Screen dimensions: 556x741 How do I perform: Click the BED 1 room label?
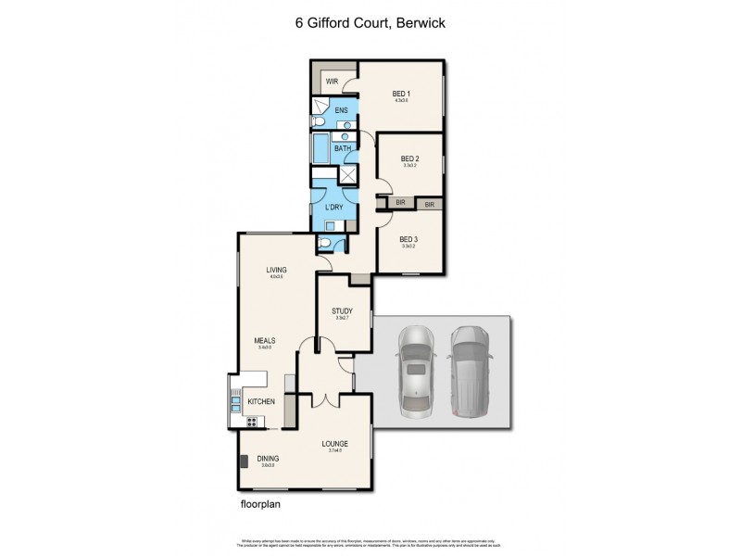point(401,93)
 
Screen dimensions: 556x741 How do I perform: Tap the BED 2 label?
point(409,158)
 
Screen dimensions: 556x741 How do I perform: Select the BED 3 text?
point(409,239)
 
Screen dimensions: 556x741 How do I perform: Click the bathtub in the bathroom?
point(318,149)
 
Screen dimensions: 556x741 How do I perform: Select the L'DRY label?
point(333,207)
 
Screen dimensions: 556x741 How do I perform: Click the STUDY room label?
point(342,311)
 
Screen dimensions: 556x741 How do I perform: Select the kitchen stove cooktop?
point(251,423)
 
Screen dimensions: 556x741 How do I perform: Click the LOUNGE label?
point(334,444)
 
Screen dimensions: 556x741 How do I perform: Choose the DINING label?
point(268,458)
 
